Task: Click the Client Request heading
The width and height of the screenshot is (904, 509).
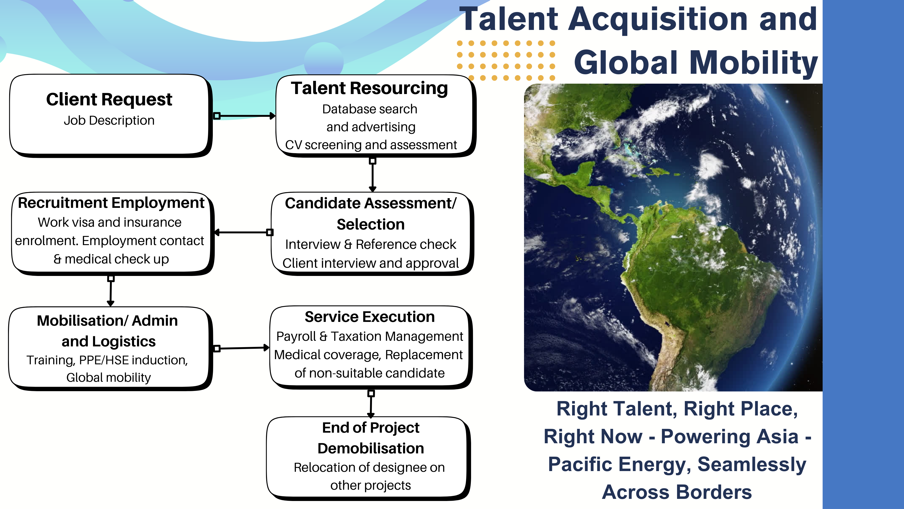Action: click(x=109, y=99)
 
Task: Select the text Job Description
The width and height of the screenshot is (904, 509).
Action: click(x=109, y=120)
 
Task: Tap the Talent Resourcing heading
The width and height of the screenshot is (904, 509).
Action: click(x=370, y=88)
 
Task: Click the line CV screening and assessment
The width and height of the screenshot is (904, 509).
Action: click(x=371, y=145)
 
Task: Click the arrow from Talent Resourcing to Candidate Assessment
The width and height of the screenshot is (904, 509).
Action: click(x=373, y=175)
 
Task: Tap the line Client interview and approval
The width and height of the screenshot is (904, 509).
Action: click(x=371, y=263)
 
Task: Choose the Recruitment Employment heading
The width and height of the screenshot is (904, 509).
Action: click(x=111, y=203)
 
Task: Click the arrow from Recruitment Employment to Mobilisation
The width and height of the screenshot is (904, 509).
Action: click(x=111, y=291)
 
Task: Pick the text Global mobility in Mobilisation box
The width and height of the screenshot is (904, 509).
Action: click(x=109, y=377)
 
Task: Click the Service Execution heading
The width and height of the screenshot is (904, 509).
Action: click(x=370, y=317)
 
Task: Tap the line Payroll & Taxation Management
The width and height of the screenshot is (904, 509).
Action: click(x=370, y=337)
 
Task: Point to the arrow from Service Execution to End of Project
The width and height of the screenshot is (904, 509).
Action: click(x=371, y=404)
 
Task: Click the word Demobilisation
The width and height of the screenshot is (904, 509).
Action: click(x=371, y=448)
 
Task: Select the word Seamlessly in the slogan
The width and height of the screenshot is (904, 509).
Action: click(x=752, y=464)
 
